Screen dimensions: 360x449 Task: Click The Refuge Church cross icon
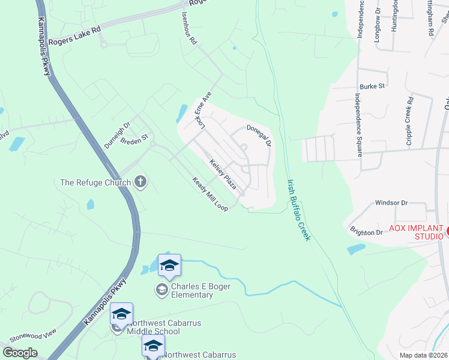pyautogui.click(x=140, y=181)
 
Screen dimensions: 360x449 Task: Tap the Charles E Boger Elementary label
pyautogui.click(x=192, y=290)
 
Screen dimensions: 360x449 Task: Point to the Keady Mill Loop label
pyautogui.click(x=210, y=194)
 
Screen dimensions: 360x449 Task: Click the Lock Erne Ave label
pyautogui.click(x=203, y=109)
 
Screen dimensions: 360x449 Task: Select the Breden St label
pyautogui.click(x=134, y=139)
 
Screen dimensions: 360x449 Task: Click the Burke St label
pyautogui.click(x=373, y=86)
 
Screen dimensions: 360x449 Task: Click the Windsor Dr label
pyautogui.click(x=391, y=203)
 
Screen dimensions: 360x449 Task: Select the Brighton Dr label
pyautogui.click(x=366, y=232)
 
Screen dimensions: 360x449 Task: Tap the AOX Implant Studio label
pyautogui.click(x=416, y=232)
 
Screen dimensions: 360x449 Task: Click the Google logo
pyautogui.click(x=20, y=352)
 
